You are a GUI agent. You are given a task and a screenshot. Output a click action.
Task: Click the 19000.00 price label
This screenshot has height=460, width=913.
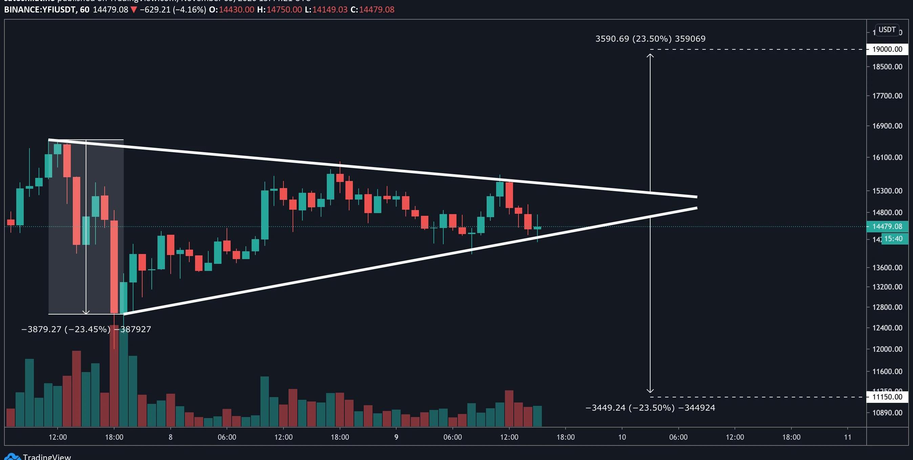pyautogui.click(x=887, y=49)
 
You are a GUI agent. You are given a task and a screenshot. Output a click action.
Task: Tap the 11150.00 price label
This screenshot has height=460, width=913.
pyautogui.click(x=887, y=397)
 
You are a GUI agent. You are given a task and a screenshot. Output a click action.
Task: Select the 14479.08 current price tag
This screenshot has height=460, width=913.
pyautogui.click(x=887, y=227)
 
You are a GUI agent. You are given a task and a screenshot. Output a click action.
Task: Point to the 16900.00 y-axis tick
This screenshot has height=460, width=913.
pyautogui.click(x=887, y=126)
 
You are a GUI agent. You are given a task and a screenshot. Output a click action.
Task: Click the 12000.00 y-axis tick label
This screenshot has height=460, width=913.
pyautogui.click(x=887, y=349)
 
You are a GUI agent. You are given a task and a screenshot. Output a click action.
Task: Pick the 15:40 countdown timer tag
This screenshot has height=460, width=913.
pyautogui.click(x=893, y=239)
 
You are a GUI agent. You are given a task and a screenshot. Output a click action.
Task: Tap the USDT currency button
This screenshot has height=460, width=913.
pyautogui.click(x=887, y=30)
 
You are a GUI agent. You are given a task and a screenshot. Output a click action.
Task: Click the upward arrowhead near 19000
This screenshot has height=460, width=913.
pyautogui.click(x=650, y=55)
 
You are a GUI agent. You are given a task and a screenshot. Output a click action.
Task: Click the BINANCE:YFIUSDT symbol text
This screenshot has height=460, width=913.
pyautogui.click(x=40, y=9)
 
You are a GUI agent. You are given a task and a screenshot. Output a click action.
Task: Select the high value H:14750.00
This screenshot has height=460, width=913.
pyautogui.click(x=279, y=9)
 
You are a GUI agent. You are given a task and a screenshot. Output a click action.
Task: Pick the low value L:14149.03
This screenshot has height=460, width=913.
pyautogui.click(x=326, y=9)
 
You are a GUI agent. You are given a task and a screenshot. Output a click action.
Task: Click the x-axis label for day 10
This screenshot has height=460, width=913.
pyautogui.click(x=622, y=437)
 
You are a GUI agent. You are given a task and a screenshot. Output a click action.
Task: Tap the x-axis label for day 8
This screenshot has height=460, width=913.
pyautogui.click(x=170, y=437)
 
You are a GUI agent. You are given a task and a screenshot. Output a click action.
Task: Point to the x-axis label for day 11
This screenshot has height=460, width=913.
pyautogui.click(x=847, y=437)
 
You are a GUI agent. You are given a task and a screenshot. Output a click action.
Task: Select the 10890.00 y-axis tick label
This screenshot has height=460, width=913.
pyautogui.click(x=887, y=413)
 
